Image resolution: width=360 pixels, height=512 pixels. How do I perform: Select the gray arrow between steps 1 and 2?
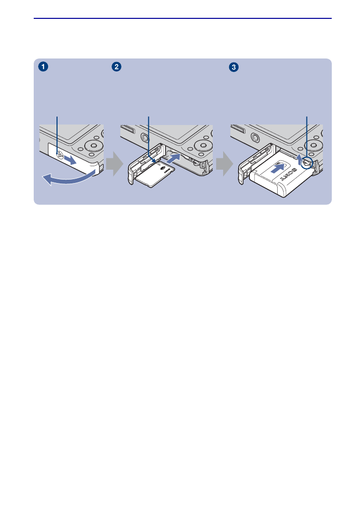coord(114,164)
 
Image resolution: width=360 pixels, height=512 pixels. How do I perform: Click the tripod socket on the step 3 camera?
coord(256,137)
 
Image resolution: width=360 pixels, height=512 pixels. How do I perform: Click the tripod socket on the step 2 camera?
coord(146,137)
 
